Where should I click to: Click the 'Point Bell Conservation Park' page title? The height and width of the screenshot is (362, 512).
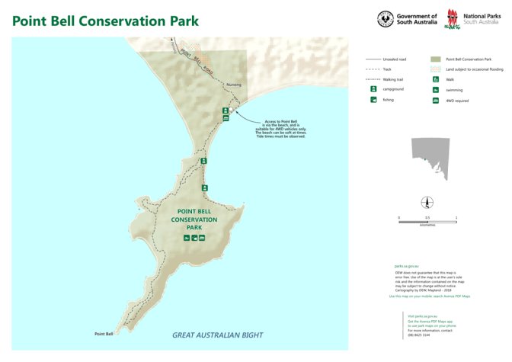pos(105,21)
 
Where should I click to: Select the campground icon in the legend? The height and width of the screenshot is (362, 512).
pos(373,89)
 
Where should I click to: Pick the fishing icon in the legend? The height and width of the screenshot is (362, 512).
pos(373,100)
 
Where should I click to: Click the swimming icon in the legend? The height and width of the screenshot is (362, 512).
pos(435,89)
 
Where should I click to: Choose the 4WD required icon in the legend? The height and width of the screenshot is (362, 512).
pos(435,100)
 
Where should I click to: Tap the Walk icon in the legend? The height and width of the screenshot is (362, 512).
pos(435,78)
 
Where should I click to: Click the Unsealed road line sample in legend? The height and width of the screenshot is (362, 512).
pos(373,59)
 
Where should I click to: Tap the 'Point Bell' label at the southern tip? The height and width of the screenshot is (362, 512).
pos(104,334)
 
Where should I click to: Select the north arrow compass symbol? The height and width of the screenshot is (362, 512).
pos(427,202)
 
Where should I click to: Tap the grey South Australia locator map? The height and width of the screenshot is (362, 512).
pos(432,159)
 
